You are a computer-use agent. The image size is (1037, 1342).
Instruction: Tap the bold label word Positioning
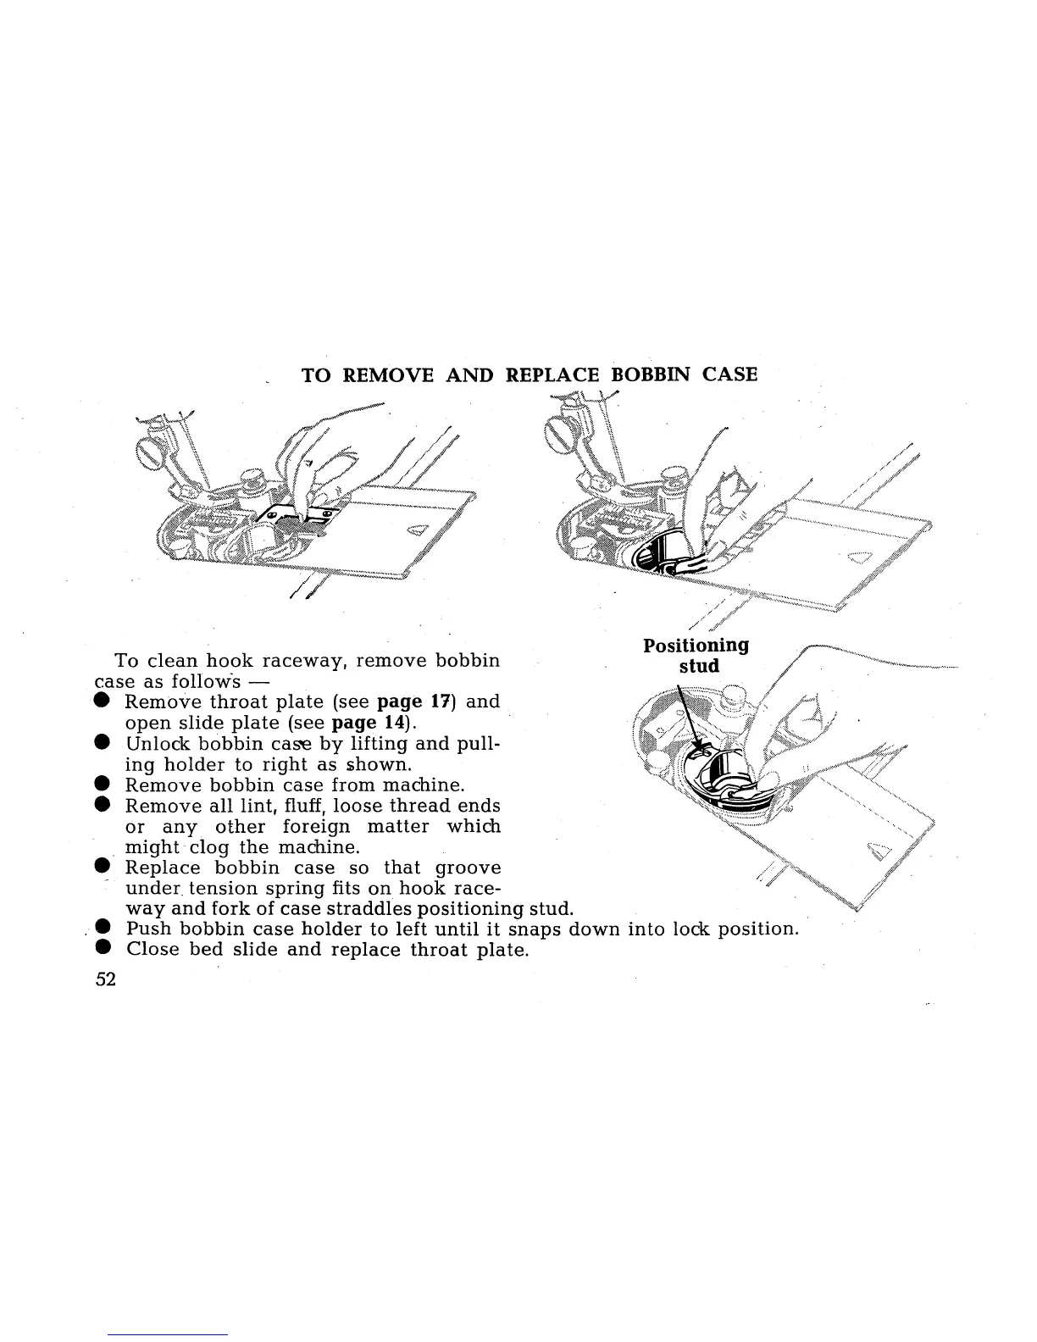pyautogui.click(x=696, y=646)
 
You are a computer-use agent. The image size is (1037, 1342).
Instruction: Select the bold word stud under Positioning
pyautogui.click(x=699, y=666)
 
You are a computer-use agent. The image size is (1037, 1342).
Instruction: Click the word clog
pyautogui.click(x=205, y=847)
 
